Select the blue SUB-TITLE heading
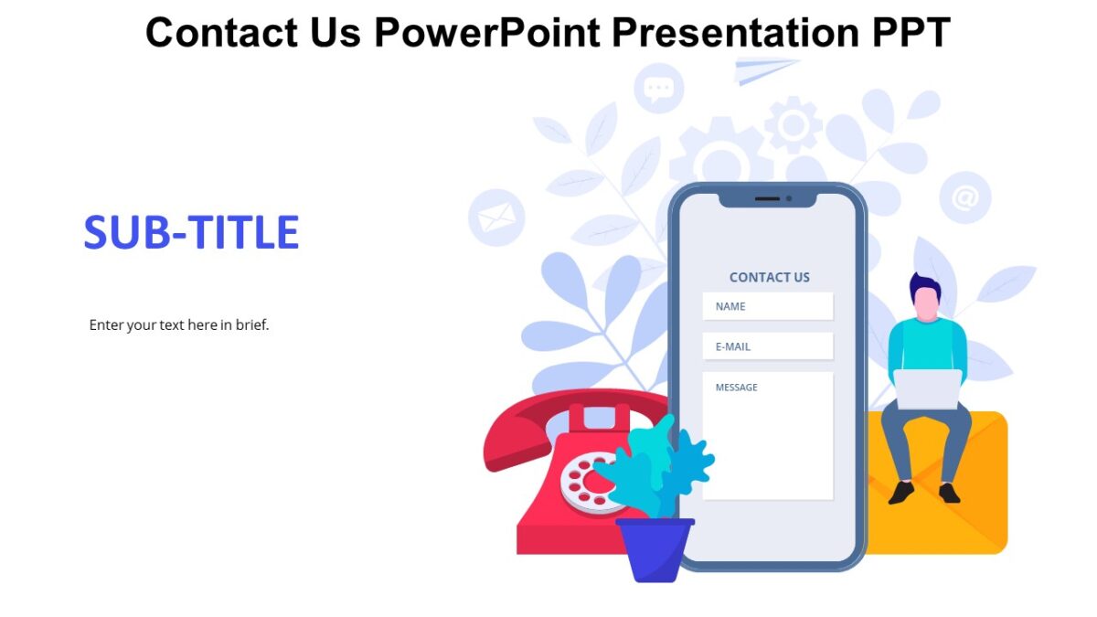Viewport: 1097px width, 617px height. (191, 233)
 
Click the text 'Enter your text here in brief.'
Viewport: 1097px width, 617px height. (179, 324)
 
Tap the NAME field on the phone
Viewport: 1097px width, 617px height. (767, 306)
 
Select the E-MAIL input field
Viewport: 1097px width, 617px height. (767, 346)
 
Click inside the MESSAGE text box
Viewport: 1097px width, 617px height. (767, 439)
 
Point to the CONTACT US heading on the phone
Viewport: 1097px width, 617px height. (769, 277)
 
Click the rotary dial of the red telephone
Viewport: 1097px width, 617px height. (585, 483)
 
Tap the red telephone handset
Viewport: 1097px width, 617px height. (548, 420)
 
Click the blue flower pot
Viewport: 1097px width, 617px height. (655, 548)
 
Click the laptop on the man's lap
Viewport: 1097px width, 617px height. (927, 388)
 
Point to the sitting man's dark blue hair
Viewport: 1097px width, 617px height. (924, 285)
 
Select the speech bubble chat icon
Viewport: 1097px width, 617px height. (658, 89)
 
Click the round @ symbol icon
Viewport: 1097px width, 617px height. (964, 197)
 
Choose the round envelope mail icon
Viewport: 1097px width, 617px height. (496, 218)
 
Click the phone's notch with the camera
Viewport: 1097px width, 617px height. (767, 198)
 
